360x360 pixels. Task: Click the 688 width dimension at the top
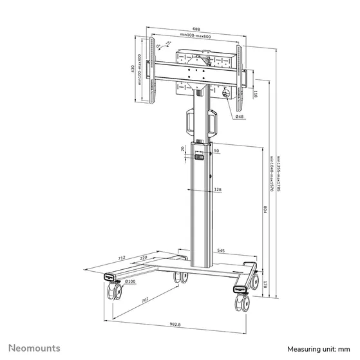(195, 29)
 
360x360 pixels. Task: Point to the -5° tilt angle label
(167, 43)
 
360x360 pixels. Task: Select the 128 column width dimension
(218, 189)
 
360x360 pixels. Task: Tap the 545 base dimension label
(221, 251)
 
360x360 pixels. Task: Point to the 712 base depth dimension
(122, 258)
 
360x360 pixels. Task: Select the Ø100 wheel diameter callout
(129, 281)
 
